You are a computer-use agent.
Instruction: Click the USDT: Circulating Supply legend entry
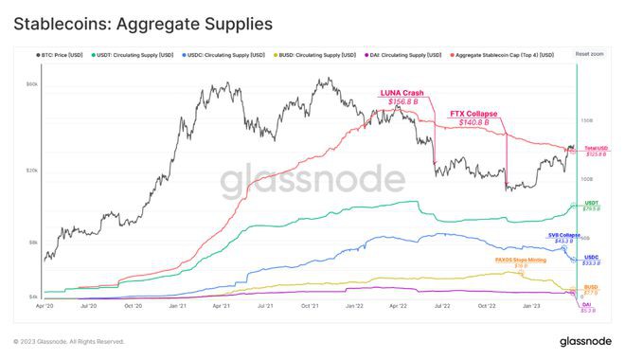coord(132,55)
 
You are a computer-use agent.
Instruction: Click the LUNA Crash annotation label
coord(401,93)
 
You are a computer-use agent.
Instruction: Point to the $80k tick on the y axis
coord(31,84)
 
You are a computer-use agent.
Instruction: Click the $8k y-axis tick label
coord(32,243)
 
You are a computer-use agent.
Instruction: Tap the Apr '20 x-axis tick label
coord(45,306)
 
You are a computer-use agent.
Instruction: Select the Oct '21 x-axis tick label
coord(310,306)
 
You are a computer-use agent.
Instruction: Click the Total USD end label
coord(596,150)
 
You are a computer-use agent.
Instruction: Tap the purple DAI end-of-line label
coord(588,305)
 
